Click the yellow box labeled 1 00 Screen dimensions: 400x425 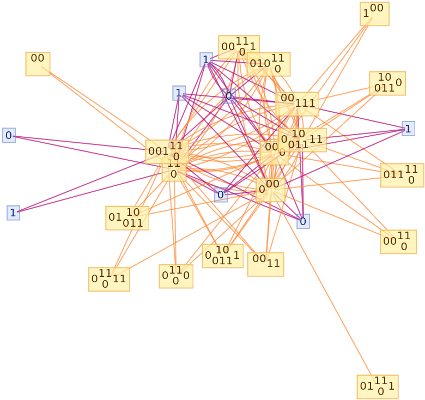[374, 14]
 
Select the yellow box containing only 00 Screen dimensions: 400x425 [38, 64]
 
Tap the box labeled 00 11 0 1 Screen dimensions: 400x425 [239, 47]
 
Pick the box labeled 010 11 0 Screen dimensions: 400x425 [268, 64]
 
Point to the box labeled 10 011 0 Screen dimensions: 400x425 [387, 83]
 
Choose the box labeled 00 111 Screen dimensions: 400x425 [297, 104]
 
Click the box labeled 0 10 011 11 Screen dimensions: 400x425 [302, 140]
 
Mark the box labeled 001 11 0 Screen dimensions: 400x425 [167, 151]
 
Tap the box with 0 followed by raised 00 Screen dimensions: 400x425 [270, 190]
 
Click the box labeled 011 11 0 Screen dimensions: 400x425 [402, 175]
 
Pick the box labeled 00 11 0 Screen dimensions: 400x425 [398, 241]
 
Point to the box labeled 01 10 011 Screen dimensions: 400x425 [127, 217]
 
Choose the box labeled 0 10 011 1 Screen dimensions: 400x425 [222, 256]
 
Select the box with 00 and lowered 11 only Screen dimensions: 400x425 [265, 264]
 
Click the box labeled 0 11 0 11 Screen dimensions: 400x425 [108, 279]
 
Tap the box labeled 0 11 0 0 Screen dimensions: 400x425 [175, 276]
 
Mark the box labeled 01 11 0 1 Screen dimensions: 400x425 [377, 386]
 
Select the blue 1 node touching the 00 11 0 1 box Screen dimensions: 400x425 [206, 59]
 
